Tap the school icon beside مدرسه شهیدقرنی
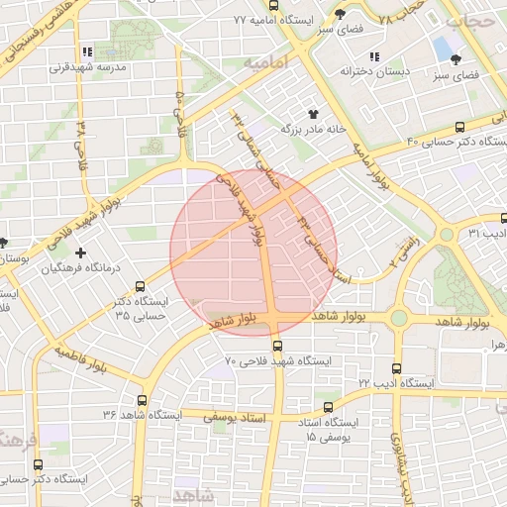click(x=87, y=51)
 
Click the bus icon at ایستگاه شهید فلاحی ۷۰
click(x=276, y=347)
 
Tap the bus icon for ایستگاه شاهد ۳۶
click(x=143, y=402)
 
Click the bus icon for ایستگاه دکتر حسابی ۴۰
click(x=457, y=128)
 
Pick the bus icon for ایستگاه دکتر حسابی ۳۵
click(x=140, y=285)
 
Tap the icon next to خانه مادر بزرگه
click(x=314, y=115)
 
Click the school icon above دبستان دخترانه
click(x=373, y=56)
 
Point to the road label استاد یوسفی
click(x=233, y=418)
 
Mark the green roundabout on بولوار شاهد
click(x=398, y=318)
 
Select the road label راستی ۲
click(x=406, y=250)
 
